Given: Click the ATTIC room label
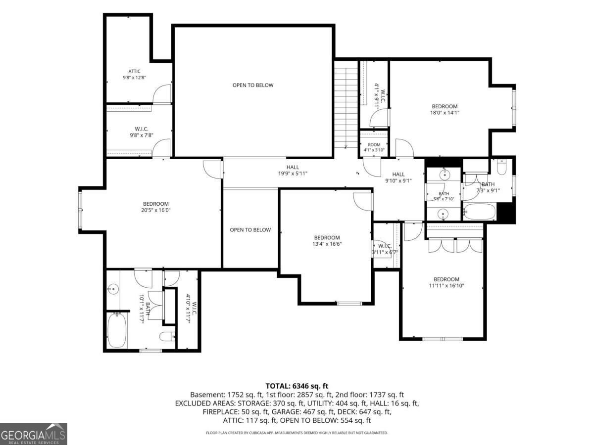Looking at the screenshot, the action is tap(134, 71).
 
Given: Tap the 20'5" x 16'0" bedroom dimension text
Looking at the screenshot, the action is tap(155, 210).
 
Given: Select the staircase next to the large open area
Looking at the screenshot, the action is tap(346, 108).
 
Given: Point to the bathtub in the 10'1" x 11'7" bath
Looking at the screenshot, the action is tap(117, 330).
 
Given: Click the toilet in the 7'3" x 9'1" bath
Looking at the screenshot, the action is tap(501, 167).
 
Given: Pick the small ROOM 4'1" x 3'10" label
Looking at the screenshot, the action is tap(374, 147).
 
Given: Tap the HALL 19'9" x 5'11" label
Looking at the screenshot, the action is tap(293, 170).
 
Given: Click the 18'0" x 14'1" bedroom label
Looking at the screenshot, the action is tap(445, 109).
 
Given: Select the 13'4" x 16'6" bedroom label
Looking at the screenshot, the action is tap(327, 240).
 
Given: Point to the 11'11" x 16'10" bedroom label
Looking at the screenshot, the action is tap(446, 282).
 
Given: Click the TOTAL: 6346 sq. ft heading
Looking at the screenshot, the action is tap(297, 386).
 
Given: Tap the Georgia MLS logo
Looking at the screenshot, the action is tap(33, 434).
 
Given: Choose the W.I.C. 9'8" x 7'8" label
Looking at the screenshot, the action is tap(142, 132).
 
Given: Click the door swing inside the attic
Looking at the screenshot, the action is tap(162, 94).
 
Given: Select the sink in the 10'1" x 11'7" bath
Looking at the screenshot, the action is tap(113, 289).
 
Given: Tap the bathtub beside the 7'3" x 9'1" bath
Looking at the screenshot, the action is tap(480, 211).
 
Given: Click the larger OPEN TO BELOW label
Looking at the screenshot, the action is tap(253, 85).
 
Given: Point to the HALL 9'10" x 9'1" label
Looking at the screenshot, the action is tap(398, 177).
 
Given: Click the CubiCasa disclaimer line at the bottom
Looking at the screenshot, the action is tap(297, 433).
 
